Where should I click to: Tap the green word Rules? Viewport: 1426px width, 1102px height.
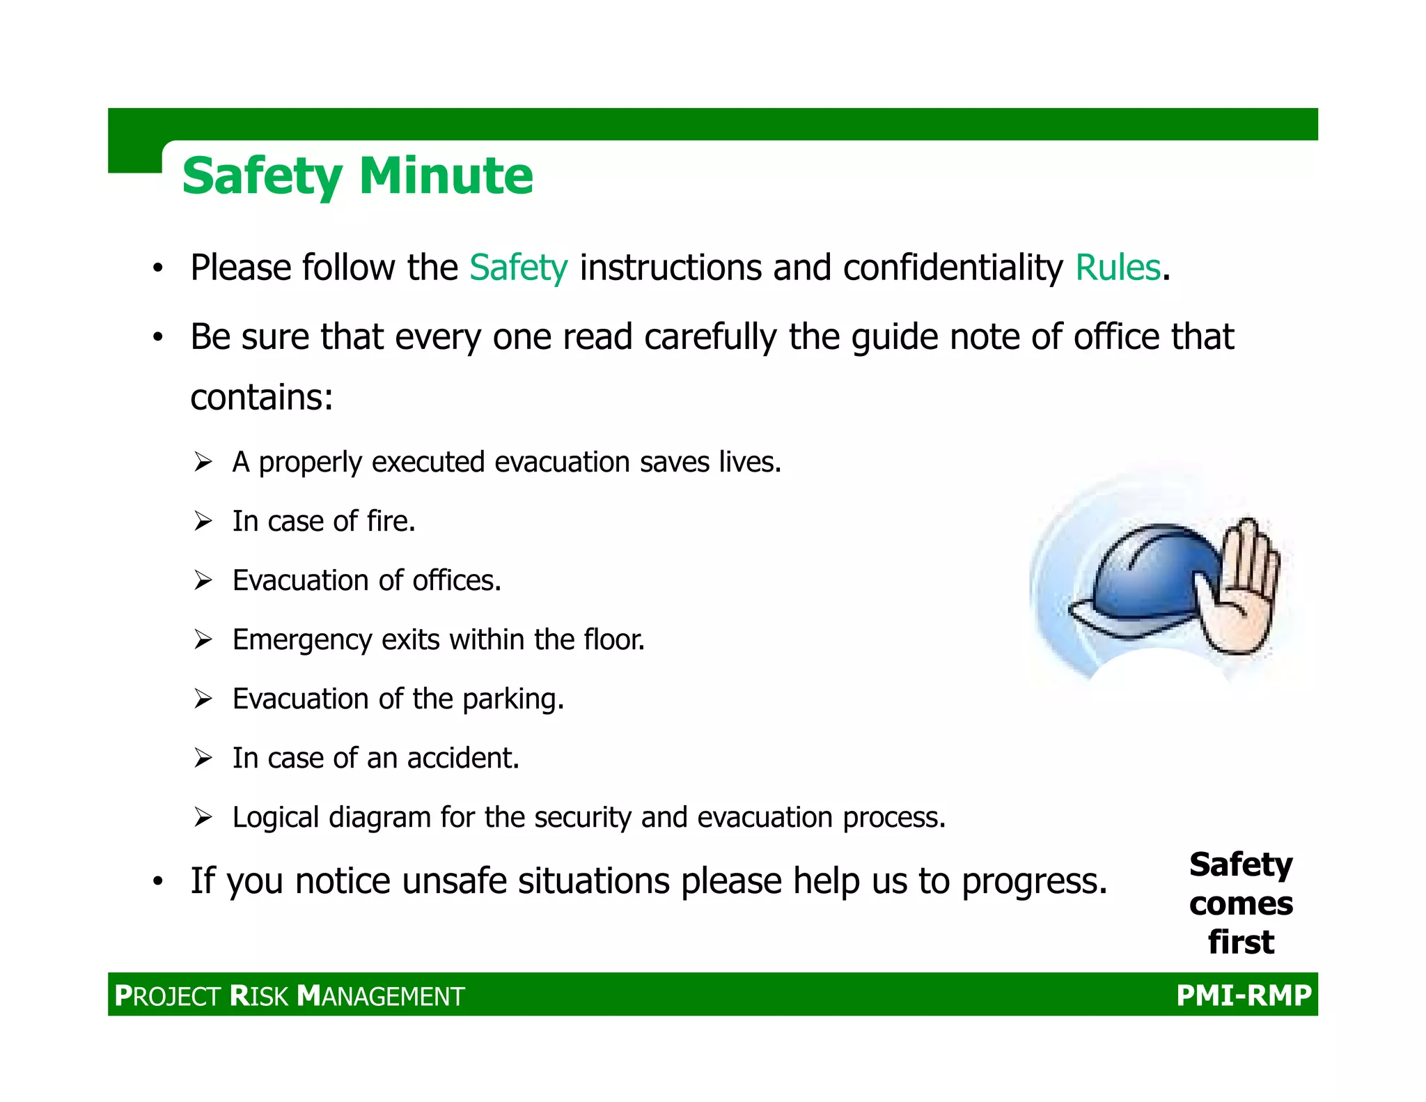tap(1118, 267)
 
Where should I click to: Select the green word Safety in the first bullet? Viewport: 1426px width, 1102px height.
tap(519, 267)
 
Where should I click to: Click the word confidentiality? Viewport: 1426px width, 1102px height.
tap(953, 267)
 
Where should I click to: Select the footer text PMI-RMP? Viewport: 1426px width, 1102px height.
tap(1244, 995)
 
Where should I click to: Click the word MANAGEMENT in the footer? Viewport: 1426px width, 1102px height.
tap(381, 996)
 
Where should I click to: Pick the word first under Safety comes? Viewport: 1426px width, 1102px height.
tap(1241, 942)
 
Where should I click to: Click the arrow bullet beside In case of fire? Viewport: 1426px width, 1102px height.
tap(203, 521)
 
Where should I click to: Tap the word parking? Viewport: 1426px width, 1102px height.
tap(512, 699)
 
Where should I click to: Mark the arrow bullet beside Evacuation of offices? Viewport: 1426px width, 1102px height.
tap(203, 580)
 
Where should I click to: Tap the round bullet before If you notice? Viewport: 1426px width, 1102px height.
tap(158, 882)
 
